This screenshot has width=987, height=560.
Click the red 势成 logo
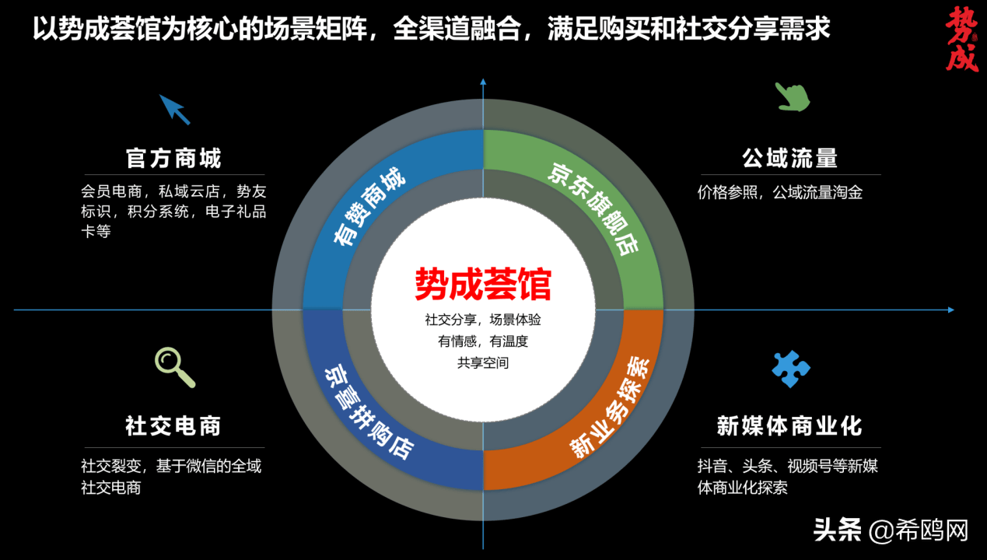961,39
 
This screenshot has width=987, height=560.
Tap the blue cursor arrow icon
174,109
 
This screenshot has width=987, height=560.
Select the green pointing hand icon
793,96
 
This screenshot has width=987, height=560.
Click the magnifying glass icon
174,367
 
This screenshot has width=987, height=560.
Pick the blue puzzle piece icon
791,369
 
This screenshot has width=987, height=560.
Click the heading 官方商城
173,159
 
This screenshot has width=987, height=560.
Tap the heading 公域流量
790,159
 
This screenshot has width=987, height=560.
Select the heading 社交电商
173,426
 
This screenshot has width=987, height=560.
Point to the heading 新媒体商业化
789,426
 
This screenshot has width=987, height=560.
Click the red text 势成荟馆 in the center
483,284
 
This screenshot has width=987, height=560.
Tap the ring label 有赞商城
369,206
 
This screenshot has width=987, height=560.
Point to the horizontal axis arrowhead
951,310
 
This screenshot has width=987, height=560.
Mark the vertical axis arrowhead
483,82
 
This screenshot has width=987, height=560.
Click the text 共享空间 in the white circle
483,362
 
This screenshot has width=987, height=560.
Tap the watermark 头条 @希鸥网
891,530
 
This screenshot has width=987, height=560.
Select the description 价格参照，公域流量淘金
780,193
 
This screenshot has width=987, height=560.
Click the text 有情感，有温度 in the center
483,341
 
